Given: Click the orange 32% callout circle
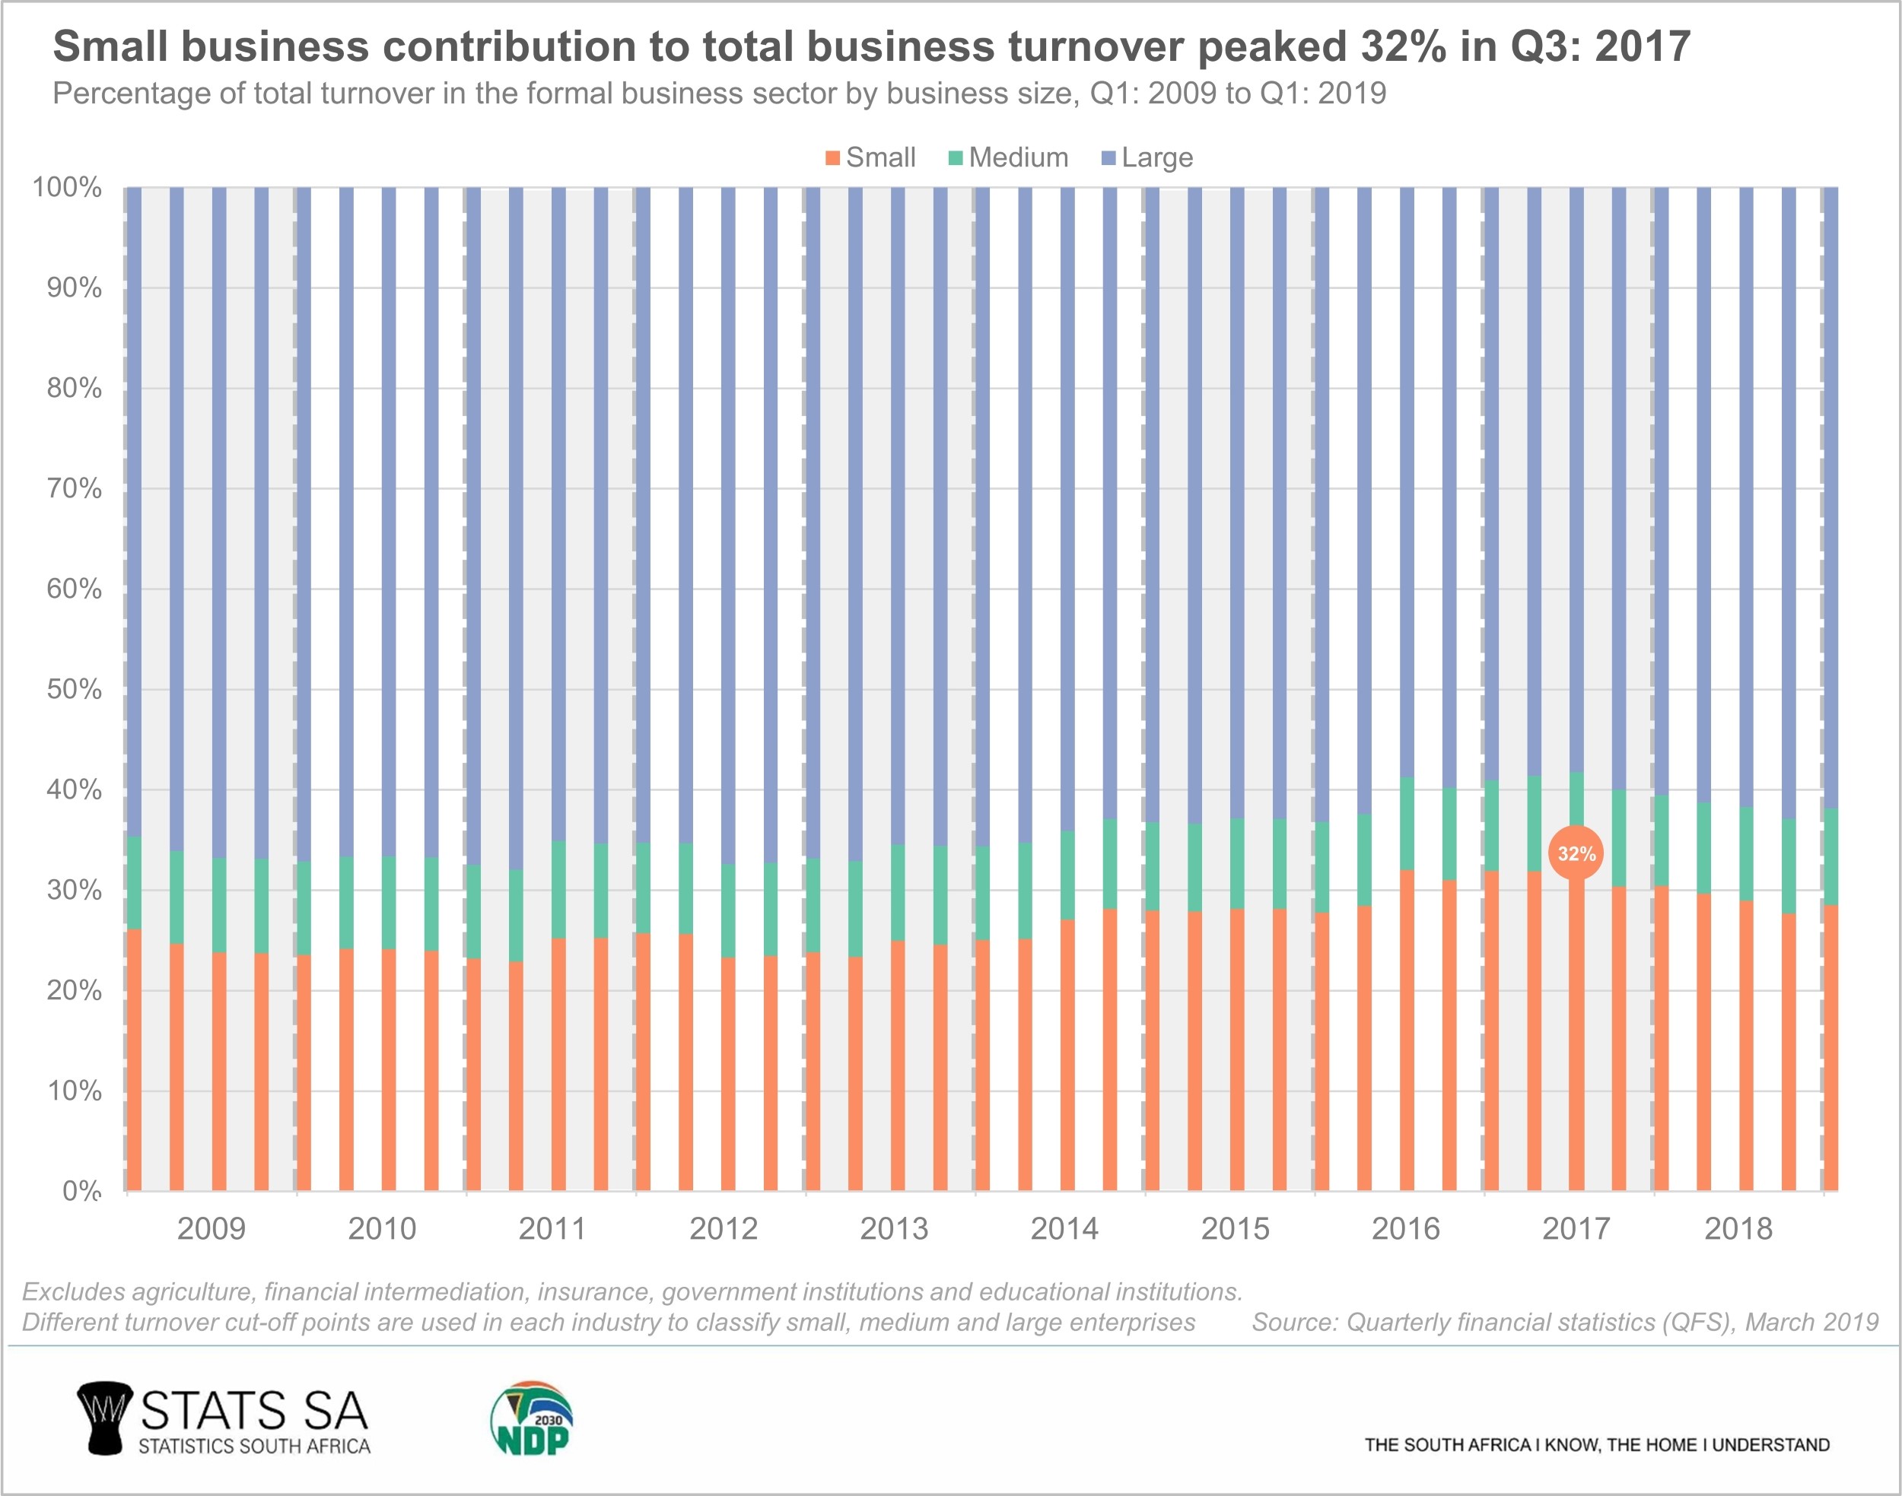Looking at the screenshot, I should (x=1575, y=853).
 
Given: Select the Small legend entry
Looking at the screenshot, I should (x=871, y=157).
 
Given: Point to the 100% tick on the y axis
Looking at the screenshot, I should (x=68, y=187).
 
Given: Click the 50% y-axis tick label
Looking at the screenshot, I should (x=75, y=689).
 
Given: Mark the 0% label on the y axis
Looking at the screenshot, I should (x=81, y=1190).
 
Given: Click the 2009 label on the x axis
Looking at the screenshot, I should (x=212, y=1229).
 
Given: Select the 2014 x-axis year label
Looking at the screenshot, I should (x=1064, y=1229).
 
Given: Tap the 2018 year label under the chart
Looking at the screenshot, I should (x=1738, y=1229).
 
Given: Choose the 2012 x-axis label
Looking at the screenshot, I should (x=723, y=1229).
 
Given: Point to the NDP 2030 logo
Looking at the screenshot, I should (x=531, y=1419).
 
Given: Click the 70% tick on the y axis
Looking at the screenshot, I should (x=75, y=489).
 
